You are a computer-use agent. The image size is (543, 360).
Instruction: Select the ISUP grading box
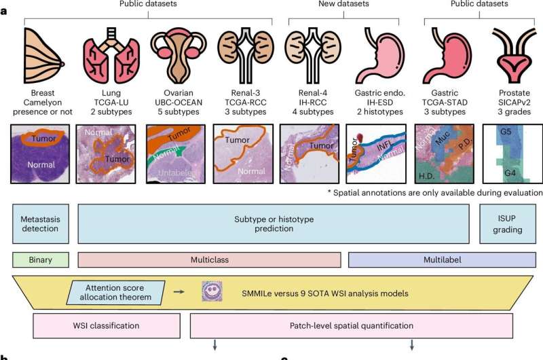click(x=506, y=224)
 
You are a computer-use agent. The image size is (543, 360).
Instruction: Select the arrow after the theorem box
click(x=179, y=292)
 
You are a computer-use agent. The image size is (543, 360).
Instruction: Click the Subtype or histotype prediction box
click(x=274, y=224)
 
